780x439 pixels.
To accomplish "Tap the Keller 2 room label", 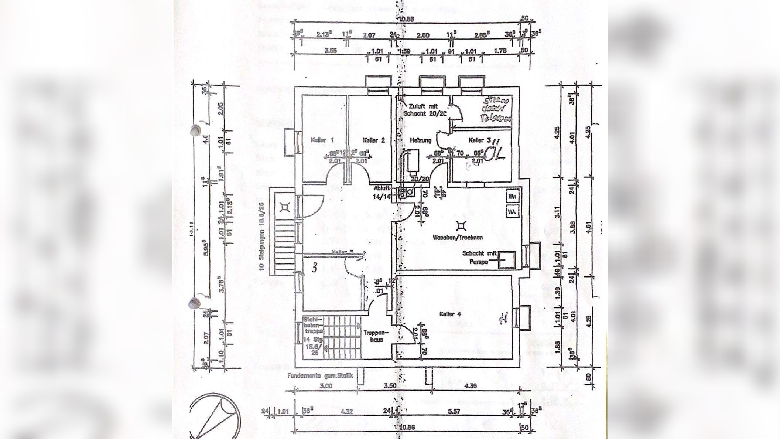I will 373,140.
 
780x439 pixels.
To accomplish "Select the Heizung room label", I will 420,140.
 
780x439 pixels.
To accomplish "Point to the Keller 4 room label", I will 450,314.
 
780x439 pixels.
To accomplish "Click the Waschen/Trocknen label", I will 458,238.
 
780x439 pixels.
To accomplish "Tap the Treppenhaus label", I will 373,336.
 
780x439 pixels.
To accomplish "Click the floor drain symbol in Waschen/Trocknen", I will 461,225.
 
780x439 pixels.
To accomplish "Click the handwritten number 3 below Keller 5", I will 314,268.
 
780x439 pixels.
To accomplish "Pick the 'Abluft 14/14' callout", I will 382,192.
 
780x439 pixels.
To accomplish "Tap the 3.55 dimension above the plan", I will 331,51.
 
